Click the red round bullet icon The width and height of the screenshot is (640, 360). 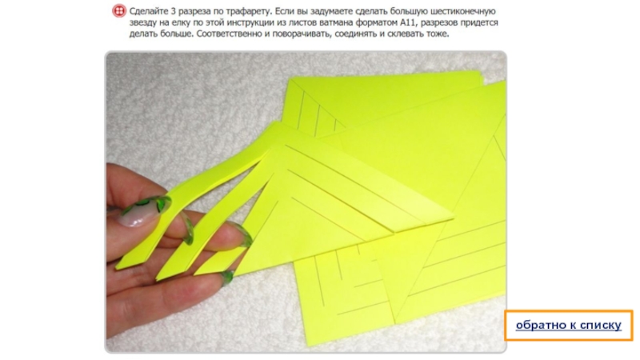(118, 10)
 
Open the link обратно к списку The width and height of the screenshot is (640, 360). (569, 325)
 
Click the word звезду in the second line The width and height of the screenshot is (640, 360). (142, 23)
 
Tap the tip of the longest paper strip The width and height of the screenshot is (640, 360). (117, 268)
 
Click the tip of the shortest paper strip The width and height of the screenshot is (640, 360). (195, 274)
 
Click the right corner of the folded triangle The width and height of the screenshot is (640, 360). (453, 218)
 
